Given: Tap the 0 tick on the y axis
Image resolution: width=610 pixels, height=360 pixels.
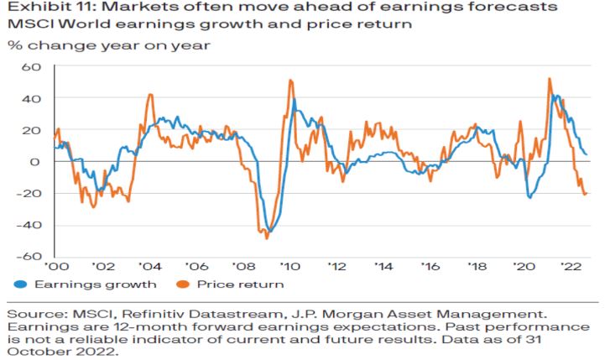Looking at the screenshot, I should (x=34, y=162).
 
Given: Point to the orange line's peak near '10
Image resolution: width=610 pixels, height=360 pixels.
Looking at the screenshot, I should (x=290, y=81).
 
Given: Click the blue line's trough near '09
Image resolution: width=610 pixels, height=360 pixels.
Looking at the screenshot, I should (x=269, y=231).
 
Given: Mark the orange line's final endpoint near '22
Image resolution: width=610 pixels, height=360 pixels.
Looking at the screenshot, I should (x=585, y=194).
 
